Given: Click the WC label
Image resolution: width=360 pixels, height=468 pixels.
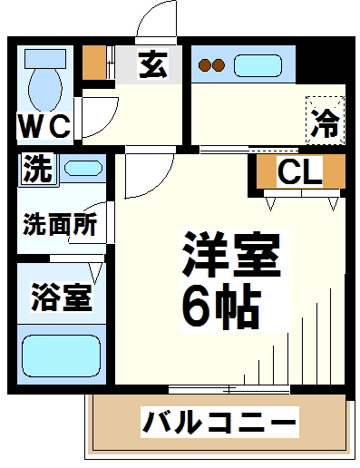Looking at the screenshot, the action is click(45, 126).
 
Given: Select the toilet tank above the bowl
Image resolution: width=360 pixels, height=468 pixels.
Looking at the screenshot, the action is click(45, 59).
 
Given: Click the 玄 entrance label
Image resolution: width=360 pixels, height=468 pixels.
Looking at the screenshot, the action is click(153, 64).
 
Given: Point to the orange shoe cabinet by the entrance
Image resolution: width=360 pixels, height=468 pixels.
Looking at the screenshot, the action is click(94, 63).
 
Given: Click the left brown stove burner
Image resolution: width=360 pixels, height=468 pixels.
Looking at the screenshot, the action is click(205, 64).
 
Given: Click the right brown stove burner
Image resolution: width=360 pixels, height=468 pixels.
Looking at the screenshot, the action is click(219, 64).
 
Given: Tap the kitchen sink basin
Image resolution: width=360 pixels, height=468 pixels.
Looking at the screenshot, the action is click(258, 65).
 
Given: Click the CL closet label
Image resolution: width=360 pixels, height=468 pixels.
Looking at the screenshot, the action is click(299, 171).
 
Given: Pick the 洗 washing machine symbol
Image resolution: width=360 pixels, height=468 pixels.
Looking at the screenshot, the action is click(38, 169).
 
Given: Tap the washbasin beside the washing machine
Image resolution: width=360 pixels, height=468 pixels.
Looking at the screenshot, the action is click(83, 168).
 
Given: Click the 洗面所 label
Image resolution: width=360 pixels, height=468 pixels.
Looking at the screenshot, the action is click(61, 224).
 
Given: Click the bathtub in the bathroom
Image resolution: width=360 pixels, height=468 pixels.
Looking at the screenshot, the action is click(62, 356).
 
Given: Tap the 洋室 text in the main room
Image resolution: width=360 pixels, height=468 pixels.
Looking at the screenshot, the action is click(232, 254).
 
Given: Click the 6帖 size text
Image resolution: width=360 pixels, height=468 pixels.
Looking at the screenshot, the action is click(221, 307).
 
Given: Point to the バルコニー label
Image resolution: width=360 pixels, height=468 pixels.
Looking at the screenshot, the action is click(219, 422).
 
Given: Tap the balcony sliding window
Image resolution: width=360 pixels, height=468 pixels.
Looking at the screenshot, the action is click(229, 389).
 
